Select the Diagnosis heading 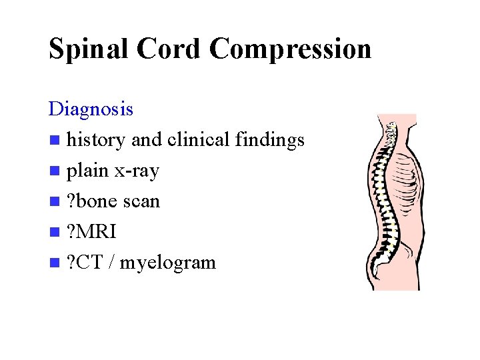coord(91,108)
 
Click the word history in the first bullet coord(96,140)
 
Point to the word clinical coord(199,140)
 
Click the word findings coord(270,141)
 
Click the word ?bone coord(91,201)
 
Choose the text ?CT coord(85,263)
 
